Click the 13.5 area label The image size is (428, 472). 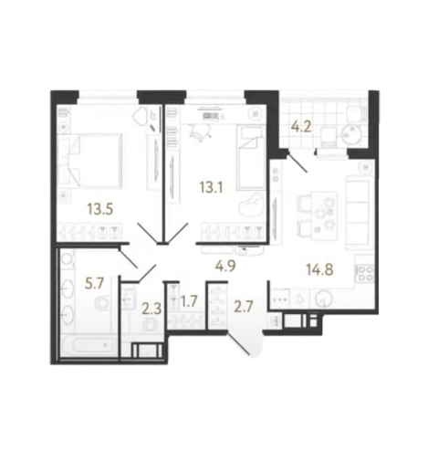100,209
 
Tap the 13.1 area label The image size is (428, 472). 211,187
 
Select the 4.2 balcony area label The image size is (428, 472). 301,126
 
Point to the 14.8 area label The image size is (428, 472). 319,269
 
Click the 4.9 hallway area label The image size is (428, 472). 225,267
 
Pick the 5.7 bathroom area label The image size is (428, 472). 95,284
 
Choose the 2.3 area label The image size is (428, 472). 151,309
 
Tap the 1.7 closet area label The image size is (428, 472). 189,301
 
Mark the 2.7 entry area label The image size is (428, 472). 244,307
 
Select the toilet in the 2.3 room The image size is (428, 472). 151,325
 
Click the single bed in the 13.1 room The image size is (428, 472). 250,158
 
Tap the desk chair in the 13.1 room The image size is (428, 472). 198,131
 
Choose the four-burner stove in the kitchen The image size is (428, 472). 365,273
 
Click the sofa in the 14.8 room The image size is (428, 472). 359,212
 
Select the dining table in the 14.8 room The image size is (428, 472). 324,215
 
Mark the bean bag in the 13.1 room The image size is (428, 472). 252,205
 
